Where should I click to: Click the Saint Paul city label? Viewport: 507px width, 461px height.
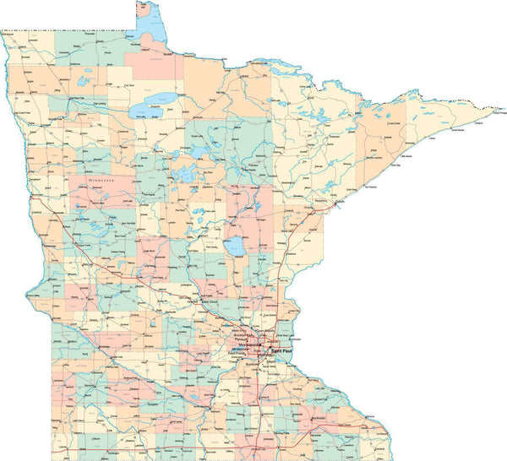(x=281, y=349)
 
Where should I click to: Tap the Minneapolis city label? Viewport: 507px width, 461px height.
(x=251, y=344)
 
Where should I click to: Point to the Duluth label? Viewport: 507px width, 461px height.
(x=340, y=202)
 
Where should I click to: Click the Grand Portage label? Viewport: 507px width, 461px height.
(x=494, y=102)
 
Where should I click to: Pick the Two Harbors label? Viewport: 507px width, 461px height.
(x=369, y=187)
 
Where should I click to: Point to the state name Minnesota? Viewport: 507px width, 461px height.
(x=103, y=181)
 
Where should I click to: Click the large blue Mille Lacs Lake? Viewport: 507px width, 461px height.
(x=234, y=247)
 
